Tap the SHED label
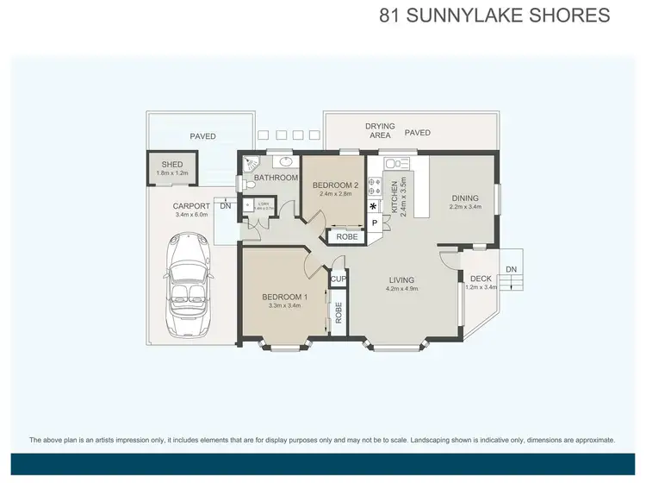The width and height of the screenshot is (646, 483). (x=172, y=164)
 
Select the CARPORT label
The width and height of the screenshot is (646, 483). (x=192, y=206)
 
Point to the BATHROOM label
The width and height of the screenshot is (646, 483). (x=276, y=178)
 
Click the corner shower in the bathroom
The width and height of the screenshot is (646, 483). (x=251, y=163)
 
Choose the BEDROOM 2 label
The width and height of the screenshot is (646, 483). (x=335, y=185)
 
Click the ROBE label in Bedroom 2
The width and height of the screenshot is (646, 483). (x=346, y=236)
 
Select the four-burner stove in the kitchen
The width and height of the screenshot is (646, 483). (x=374, y=185)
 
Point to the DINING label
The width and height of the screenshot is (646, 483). (x=465, y=198)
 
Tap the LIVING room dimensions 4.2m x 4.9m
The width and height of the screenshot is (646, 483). (x=401, y=290)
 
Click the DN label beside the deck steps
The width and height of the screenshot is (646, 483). (x=510, y=269)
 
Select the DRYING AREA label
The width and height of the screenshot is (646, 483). (x=380, y=130)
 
